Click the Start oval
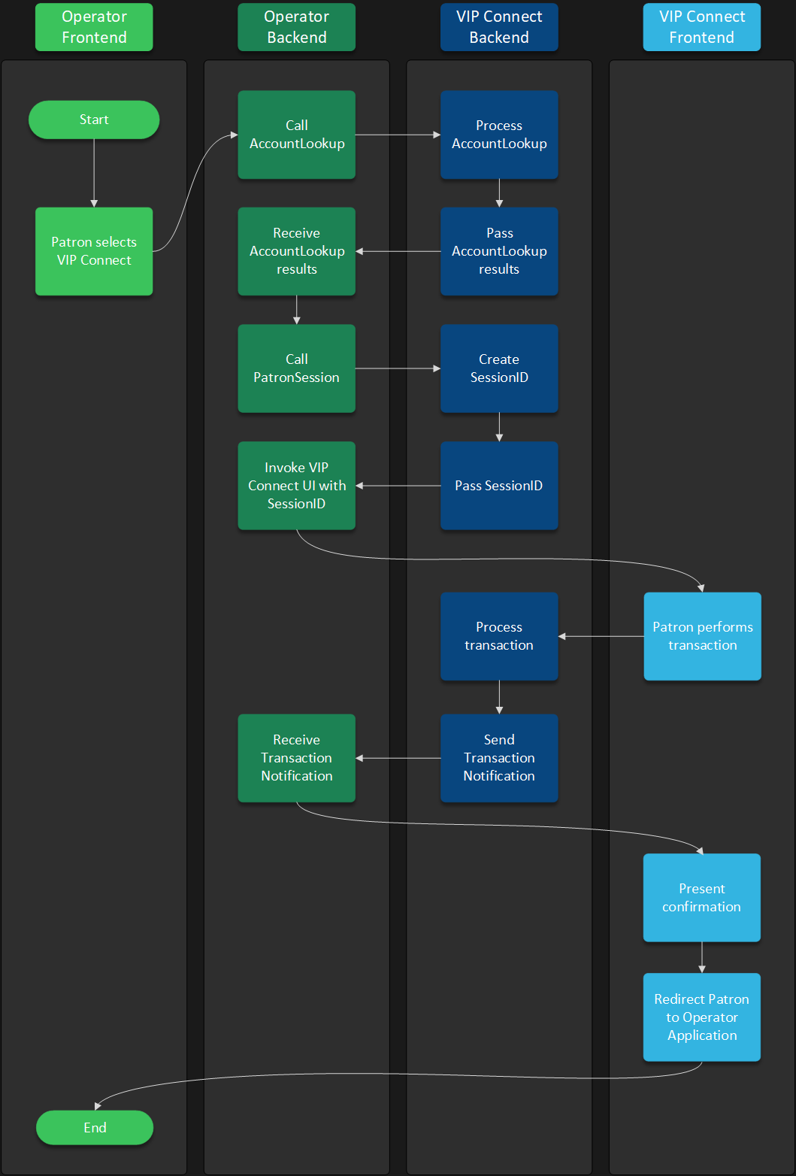click(x=94, y=120)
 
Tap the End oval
click(x=95, y=1127)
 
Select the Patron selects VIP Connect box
click(x=94, y=251)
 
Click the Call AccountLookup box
click(x=296, y=135)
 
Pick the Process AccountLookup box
click(x=499, y=135)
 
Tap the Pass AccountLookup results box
click(x=499, y=251)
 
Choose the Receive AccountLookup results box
click(x=296, y=251)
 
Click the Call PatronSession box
click(x=296, y=368)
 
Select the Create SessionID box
click(x=499, y=368)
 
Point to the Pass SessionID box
click(x=499, y=486)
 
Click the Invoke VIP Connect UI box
click(x=296, y=486)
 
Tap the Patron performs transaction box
click(x=702, y=636)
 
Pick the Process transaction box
click(x=499, y=636)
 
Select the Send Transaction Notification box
click(x=499, y=758)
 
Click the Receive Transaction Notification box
click(x=296, y=758)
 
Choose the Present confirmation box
click(x=701, y=897)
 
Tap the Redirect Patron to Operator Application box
click(x=701, y=1017)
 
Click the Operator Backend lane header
click(x=296, y=27)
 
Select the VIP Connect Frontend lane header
click(x=701, y=27)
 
